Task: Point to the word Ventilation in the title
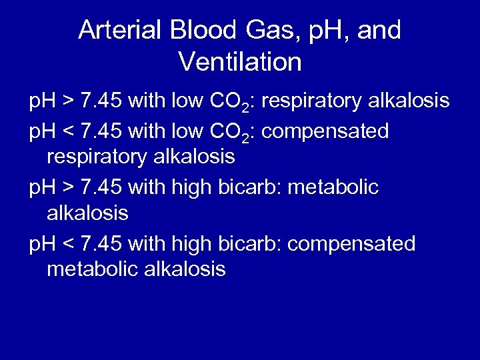click(240, 63)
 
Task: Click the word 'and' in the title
click(380, 31)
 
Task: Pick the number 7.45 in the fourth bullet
click(101, 244)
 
